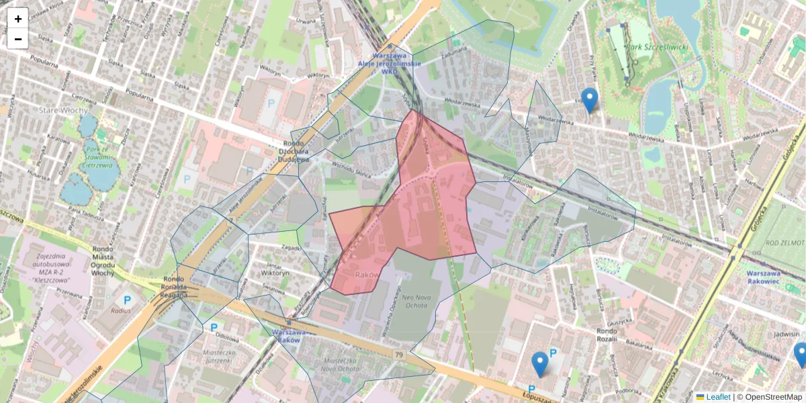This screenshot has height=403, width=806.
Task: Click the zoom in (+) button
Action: tap(18, 19)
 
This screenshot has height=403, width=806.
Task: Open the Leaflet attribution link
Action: tap(718, 397)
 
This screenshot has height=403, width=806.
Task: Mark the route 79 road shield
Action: tap(400, 355)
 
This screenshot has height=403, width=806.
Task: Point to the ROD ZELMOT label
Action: tap(785, 242)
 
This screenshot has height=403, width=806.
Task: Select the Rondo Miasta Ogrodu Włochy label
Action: tap(102, 259)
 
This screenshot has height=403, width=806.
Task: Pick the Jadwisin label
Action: tap(787, 334)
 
